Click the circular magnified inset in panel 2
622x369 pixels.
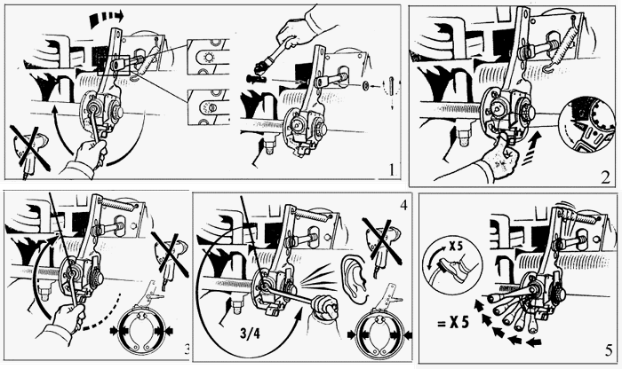coord(587,125)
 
